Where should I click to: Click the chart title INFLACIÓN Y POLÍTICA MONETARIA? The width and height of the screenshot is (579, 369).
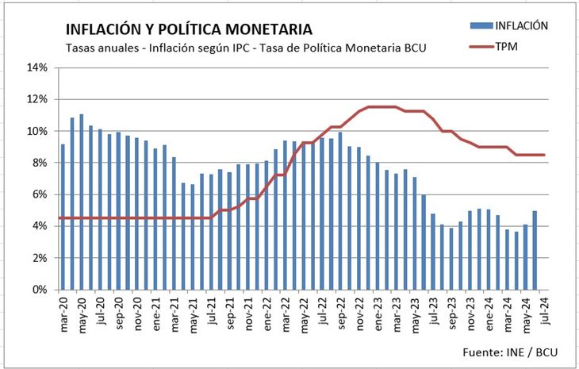pos(189,30)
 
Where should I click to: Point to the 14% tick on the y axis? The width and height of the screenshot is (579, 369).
pos(38,67)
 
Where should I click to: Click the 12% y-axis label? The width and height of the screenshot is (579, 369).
pos(38,99)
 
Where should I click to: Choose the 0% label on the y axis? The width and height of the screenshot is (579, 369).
pos(40,290)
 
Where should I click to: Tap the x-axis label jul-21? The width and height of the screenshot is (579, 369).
pos(211,310)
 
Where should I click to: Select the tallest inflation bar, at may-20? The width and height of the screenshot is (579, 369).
pos(81,202)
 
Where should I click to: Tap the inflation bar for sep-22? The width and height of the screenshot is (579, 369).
pos(339,210)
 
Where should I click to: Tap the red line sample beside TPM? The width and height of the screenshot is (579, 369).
pos(481,47)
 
